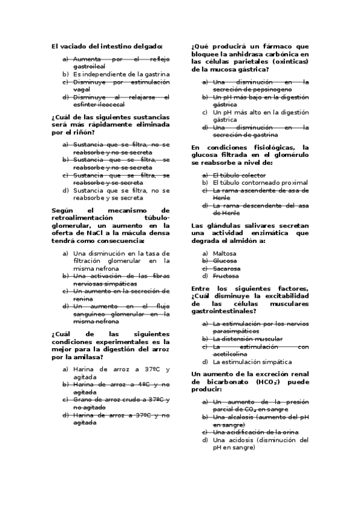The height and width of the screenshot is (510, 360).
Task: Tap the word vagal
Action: [82, 89]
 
